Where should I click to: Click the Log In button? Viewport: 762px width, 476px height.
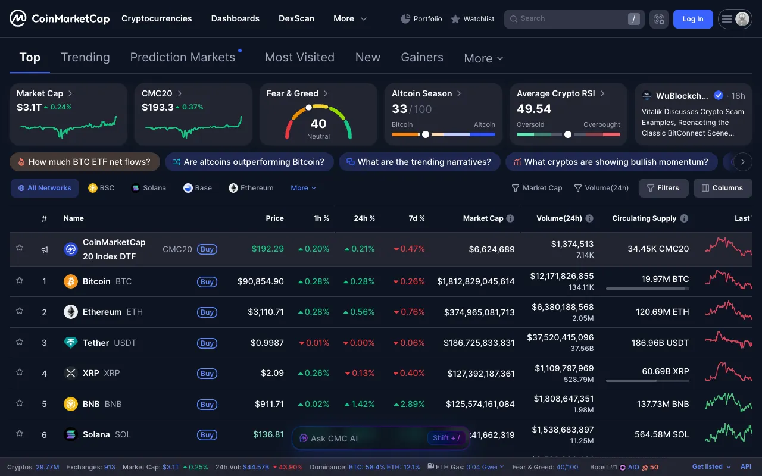pyautogui.click(x=692, y=19)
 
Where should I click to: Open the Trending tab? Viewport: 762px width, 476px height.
pyautogui.click(x=85, y=57)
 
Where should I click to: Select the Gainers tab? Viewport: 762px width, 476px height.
pyautogui.click(x=421, y=57)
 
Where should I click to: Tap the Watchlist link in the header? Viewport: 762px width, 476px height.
pyautogui.click(x=473, y=19)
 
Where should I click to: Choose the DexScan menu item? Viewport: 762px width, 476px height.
pyautogui.click(x=296, y=18)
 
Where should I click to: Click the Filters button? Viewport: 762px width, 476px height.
pyautogui.click(x=663, y=188)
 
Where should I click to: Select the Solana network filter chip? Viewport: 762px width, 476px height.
pyautogui.click(x=148, y=188)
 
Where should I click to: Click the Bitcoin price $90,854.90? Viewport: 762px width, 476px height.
pyautogui.click(x=261, y=281)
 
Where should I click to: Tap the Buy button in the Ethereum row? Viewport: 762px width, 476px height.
pyautogui.click(x=207, y=312)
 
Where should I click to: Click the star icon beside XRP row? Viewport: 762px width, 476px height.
pyautogui.click(x=20, y=372)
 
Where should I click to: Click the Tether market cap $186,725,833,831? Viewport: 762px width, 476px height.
pyautogui.click(x=479, y=343)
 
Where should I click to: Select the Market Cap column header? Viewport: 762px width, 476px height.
pyautogui.click(x=483, y=218)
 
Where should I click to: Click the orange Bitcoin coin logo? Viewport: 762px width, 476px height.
pyautogui.click(x=71, y=281)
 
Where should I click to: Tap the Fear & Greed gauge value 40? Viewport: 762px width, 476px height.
pyautogui.click(x=318, y=124)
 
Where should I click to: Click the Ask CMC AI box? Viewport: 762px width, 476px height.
pyautogui.click(x=357, y=438)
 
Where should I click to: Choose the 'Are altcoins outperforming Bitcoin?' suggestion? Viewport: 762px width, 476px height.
pyautogui.click(x=248, y=162)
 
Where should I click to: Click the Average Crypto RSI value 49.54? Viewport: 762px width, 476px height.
pyautogui.click(x=534, y=109)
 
